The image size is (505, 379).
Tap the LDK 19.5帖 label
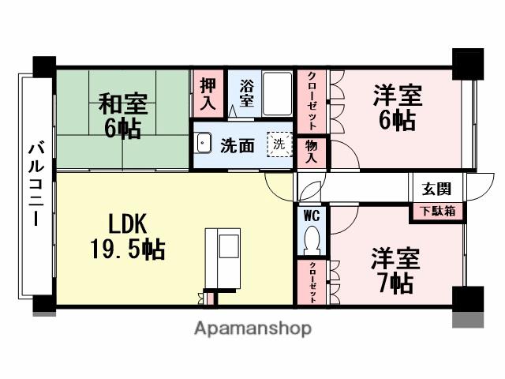126,237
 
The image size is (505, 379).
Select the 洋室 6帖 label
397,107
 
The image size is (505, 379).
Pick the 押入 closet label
208,92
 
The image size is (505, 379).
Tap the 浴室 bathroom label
245,93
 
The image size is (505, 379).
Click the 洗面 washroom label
237,145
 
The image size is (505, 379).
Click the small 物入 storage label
312,151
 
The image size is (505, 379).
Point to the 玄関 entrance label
436,189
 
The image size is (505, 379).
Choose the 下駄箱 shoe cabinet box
436,212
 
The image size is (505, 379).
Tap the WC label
311,215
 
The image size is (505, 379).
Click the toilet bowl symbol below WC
312,238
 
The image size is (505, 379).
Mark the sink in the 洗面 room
204,144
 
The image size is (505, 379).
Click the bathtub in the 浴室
277,93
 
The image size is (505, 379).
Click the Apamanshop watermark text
252,327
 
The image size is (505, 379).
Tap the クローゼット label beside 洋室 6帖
312,103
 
